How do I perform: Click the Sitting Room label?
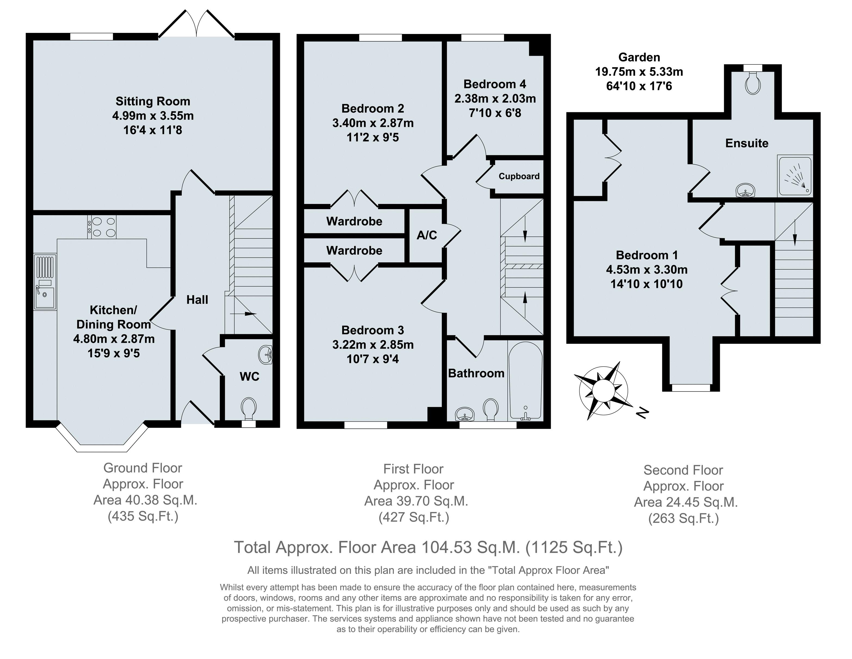[x=153, y=101]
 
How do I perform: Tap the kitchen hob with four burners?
[x=102, y=227]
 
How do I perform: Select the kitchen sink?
[x=45, y=282]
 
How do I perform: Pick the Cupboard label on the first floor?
[x=519, y=176]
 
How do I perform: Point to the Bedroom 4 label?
[x=495, y=84]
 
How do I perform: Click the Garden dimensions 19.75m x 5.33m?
[x=639, y=72]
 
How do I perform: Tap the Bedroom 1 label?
[x=647, y=255]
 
